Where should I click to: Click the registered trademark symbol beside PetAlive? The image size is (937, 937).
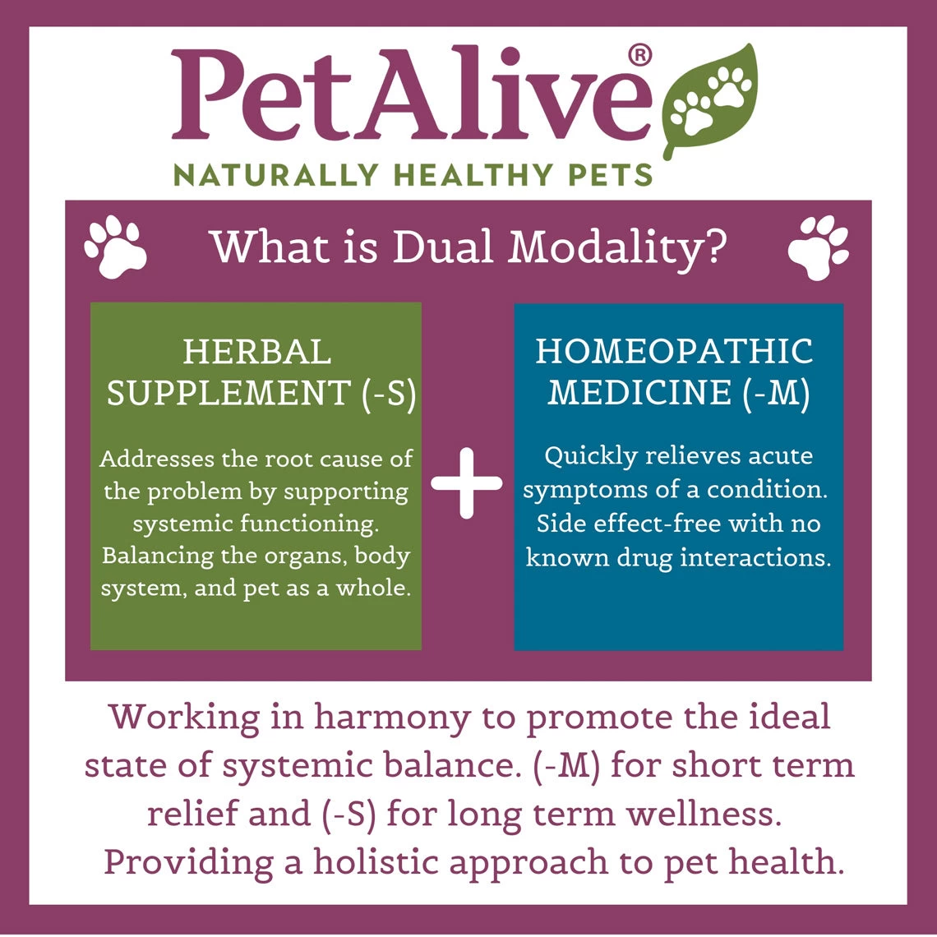[639, 56]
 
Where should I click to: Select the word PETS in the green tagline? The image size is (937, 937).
[611, 175]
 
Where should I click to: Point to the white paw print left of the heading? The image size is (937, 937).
[116, 246]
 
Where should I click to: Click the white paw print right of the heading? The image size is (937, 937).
[819, 246]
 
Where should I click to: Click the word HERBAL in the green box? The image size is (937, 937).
[256, 353]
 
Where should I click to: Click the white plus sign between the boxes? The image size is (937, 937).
[467, 483]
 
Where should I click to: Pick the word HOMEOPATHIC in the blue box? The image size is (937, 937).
[674, 352]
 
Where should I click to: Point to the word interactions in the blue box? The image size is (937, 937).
[746, 557]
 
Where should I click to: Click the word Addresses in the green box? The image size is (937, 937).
[154, 459]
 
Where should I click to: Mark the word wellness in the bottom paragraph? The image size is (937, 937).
[701, 814]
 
